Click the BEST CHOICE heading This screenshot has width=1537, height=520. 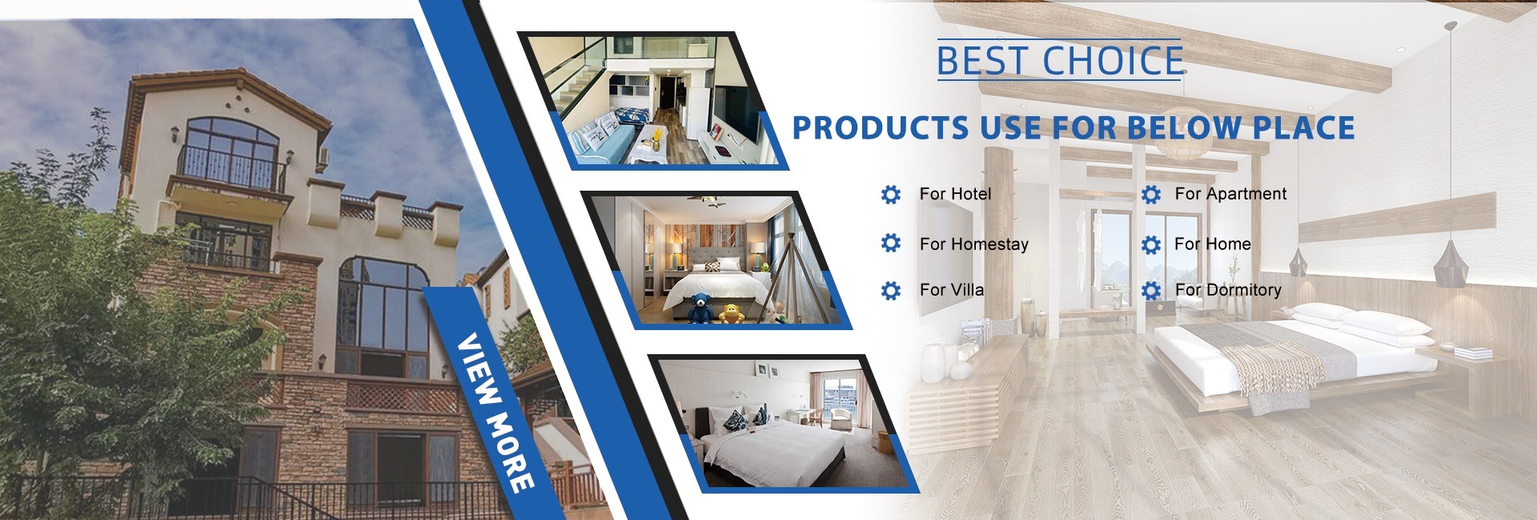tap(1059, 61)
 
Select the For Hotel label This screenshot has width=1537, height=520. tap(955, 194)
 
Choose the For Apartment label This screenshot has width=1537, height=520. tap(1230, 194)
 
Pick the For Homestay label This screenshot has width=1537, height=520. tap(973, 244)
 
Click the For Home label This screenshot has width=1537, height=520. tap(1212, 244)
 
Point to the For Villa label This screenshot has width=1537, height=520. tap(952, 290)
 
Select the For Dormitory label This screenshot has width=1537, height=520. tap(1228, 290)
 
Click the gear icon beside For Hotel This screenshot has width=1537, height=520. tap(890, 195)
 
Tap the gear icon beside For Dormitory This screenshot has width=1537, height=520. tap(1151, 290)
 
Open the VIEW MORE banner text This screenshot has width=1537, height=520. tap(495, 412)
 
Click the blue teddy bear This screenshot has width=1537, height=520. tap(700, 308)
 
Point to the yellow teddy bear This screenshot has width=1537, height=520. tap(731, 313)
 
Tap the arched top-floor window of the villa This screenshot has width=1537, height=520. tap(231, 154)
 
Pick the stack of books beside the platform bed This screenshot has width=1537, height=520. tap(1473, 353)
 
